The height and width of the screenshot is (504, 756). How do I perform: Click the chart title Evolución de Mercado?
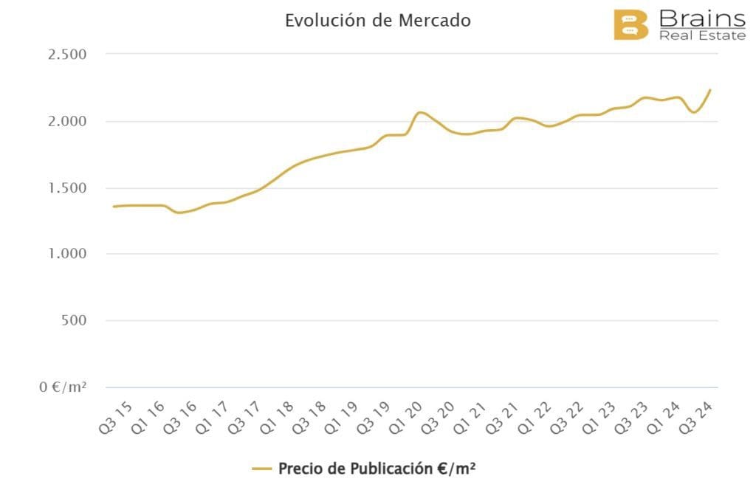[x=377, y=21]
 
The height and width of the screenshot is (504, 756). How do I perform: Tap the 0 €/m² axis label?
[x=63, y=387]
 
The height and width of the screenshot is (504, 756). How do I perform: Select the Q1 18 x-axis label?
[x=280, y=416]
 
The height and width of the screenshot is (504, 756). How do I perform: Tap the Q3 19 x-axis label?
[x=374, y=416]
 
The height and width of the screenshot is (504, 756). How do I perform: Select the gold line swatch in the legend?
[x=262, y=469]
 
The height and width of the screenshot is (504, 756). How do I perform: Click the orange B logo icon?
[x=630, y=24]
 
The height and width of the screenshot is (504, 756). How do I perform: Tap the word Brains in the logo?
[x=701, y=18]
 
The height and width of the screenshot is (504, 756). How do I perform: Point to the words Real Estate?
[x=701, y=35]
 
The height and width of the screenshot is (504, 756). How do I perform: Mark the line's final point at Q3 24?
[x=710, y=90]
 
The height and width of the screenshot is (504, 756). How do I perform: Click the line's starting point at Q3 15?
[x=113, y=207]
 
